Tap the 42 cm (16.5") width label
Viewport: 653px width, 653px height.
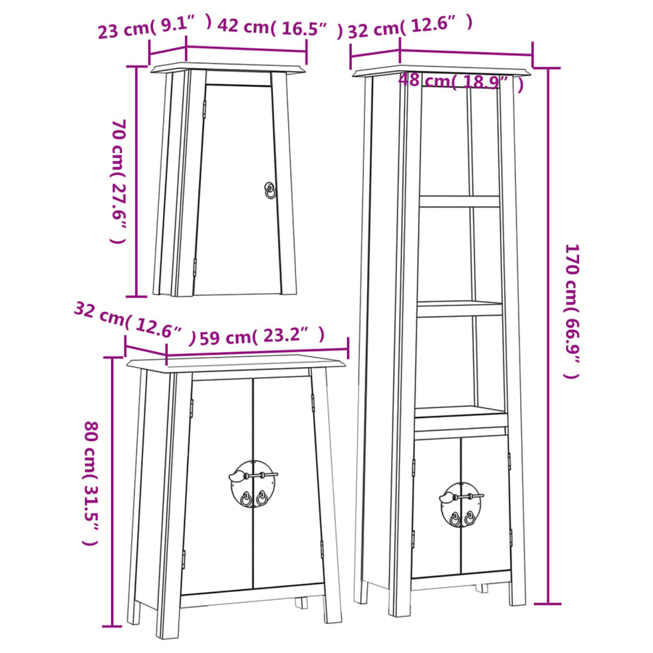[x=279, y=27]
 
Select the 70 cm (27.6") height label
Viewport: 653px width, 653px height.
[x=118, y=181]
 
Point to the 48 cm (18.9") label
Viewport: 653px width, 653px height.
[x=461, y=81]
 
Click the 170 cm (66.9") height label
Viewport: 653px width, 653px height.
[x=572, y=311]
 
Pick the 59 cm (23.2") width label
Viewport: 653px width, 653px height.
[x=261, y=336]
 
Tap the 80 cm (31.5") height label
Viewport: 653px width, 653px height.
[x=91, y=483]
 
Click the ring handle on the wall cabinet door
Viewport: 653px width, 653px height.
[x=271, y=190]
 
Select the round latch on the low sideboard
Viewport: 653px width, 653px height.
[x=252, y=483]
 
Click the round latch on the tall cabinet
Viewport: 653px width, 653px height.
[x=461, y=505]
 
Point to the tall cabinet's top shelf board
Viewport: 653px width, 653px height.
[x=459, y=201]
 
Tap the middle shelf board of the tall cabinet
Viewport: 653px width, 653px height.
[x=460, y=308]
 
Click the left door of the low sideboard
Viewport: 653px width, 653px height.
[x=218, y=485]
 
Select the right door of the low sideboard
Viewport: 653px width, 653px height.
[x=288, y=482]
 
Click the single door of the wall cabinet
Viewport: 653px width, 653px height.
[x=238, y=190]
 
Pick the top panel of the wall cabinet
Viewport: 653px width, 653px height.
[x=227, y=68]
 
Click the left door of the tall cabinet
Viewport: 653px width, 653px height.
[x=437, y=507]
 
